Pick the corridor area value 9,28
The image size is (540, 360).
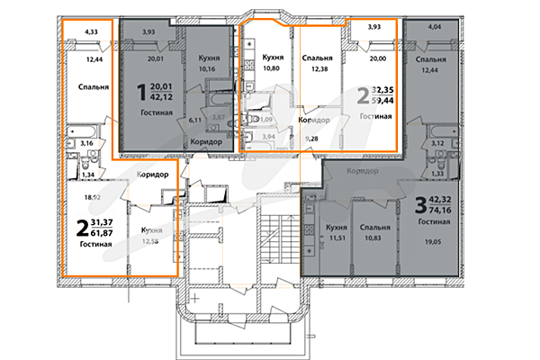click(x=312, y=138)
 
